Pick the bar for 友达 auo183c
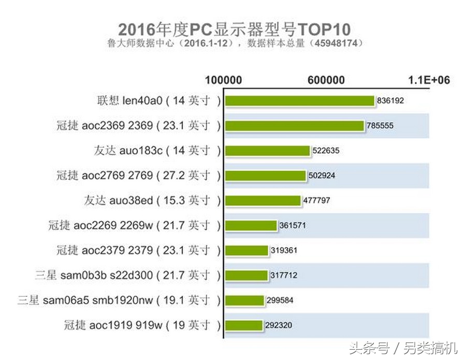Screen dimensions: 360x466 267,151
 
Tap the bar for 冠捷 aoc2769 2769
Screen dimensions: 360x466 265,175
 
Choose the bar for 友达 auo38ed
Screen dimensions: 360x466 263,201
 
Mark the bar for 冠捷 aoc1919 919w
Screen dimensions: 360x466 244,325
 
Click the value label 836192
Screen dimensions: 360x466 390,101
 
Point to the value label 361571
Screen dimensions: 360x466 292,226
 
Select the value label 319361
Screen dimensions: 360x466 283,250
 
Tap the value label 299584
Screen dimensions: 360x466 280,301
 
